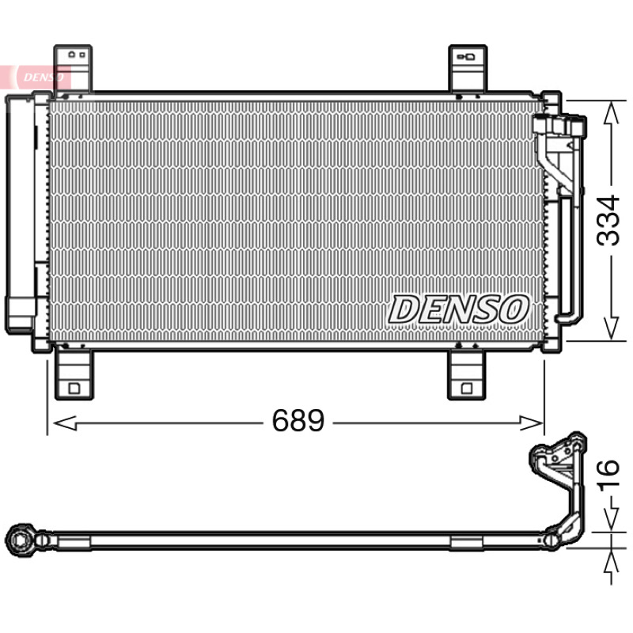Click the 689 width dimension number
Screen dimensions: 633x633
pos(298,420)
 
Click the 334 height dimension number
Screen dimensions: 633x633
pos(608,221)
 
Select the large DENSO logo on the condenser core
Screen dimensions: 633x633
pos(459,309)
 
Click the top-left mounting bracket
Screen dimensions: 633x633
pos(73,69)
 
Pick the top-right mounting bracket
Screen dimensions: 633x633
pos(468,69)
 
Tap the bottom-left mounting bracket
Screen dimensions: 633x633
pos(74,373)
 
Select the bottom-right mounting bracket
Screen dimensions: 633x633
pos(467,373)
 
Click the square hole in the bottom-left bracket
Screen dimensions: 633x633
pos(74,389)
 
